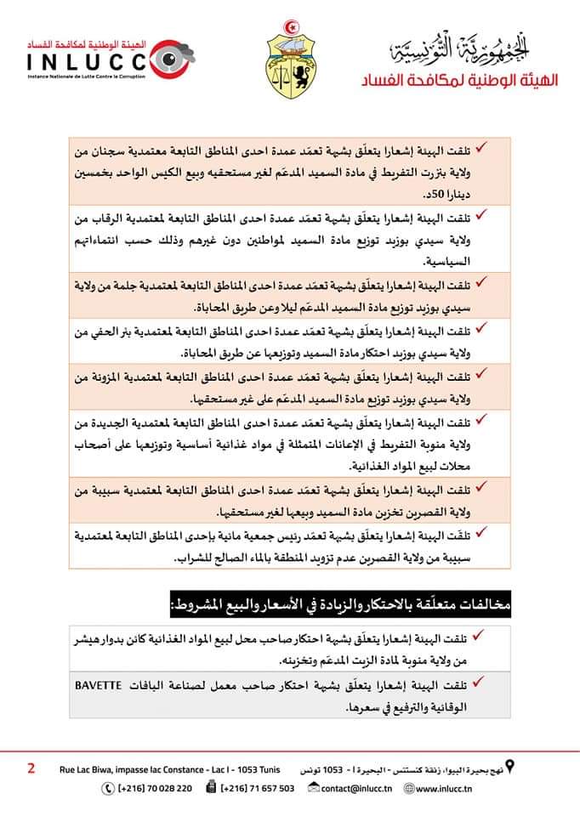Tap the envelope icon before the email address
pyautogui.click(x=313, y=788)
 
